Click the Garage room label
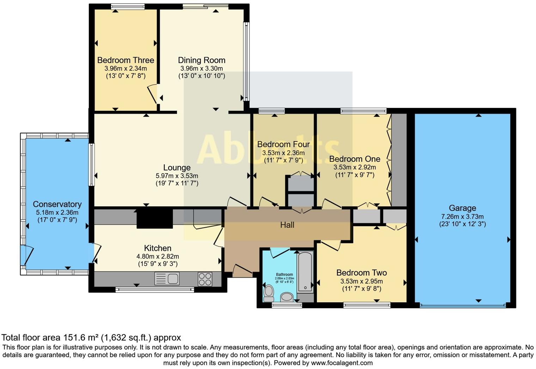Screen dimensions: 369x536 tap(462, 208)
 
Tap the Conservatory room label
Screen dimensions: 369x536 tap(57, 204)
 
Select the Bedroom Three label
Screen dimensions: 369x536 tap(126, 60)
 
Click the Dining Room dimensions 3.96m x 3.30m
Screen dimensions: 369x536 tap(201, 68)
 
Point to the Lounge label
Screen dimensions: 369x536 tap(177, 168)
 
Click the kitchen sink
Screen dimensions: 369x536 tap(167, 279)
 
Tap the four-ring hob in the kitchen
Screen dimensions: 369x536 tap(205, 279)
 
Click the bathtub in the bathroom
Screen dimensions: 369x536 tap(305, 271)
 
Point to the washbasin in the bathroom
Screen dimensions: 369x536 tap(287, 297)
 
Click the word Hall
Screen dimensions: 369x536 tap(287, 225)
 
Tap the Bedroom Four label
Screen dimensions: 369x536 tap(283, 144)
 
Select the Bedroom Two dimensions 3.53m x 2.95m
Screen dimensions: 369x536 tap(361, 281)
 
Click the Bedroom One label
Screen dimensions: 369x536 tap(354, 159)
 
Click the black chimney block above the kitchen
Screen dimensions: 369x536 tap(154, 219)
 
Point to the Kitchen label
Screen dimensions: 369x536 tap(158, 248)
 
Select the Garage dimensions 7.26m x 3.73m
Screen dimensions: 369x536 tap(462, 217)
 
